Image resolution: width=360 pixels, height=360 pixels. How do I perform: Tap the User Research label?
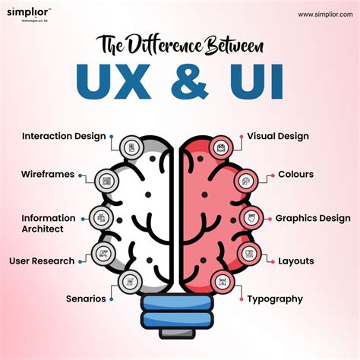tap(42, 261)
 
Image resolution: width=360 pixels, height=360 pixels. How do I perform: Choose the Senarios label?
tap(86, 298)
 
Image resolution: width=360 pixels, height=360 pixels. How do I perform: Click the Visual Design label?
tap(278, 137)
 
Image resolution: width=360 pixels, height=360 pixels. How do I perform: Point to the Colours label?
tap(295, 174)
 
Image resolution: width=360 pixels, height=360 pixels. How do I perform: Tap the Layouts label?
tap(295, 261)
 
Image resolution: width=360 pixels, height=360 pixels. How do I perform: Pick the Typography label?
tap(275, 298)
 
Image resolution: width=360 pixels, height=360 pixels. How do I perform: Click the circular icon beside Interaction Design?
tap(132, 146)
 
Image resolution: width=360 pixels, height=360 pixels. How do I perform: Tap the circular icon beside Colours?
tap(245, 181)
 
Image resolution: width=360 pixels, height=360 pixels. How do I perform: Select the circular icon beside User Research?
tap(101, 254)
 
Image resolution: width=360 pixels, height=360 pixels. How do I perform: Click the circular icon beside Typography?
tap(223, 282)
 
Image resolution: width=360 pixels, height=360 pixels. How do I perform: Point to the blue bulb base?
tap(179, 314)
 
